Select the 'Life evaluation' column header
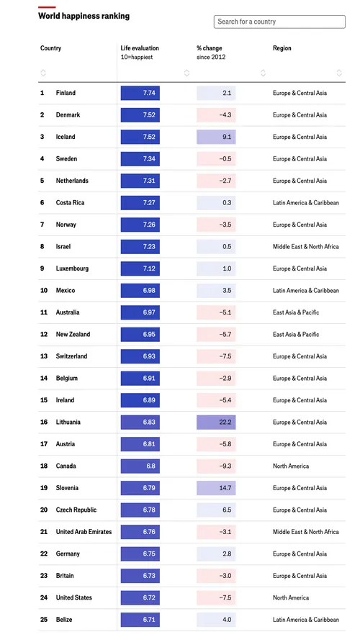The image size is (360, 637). [x=140, y=48]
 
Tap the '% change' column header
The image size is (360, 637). [x=210, y=48]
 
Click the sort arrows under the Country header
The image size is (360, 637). [x=43, y=72]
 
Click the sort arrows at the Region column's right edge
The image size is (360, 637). [x=339, y=72]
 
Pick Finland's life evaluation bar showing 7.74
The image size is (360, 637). [x=140, y=93]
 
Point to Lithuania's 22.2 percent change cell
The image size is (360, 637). [x=216, y=423]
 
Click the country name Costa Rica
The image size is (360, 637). [x=70, y=203]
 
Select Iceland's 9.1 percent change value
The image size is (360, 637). [x=216, y=137]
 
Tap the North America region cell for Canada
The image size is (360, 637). [x=290, y=466]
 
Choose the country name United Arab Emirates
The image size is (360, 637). [x=84, y=532]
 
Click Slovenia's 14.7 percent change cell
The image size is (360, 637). [x=216, y=488]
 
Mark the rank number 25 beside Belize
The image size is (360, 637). [x=42, y=620]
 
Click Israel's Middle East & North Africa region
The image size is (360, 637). [x=305, y=247]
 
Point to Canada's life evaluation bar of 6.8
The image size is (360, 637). [x=140, y=466]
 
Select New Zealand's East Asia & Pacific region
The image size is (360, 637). [x=295, y=335]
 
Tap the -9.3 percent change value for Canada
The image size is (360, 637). [x=216, y=466]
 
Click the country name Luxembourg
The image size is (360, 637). [x=72, y=268]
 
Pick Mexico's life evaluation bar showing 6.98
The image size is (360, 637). [x=140, y=291]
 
